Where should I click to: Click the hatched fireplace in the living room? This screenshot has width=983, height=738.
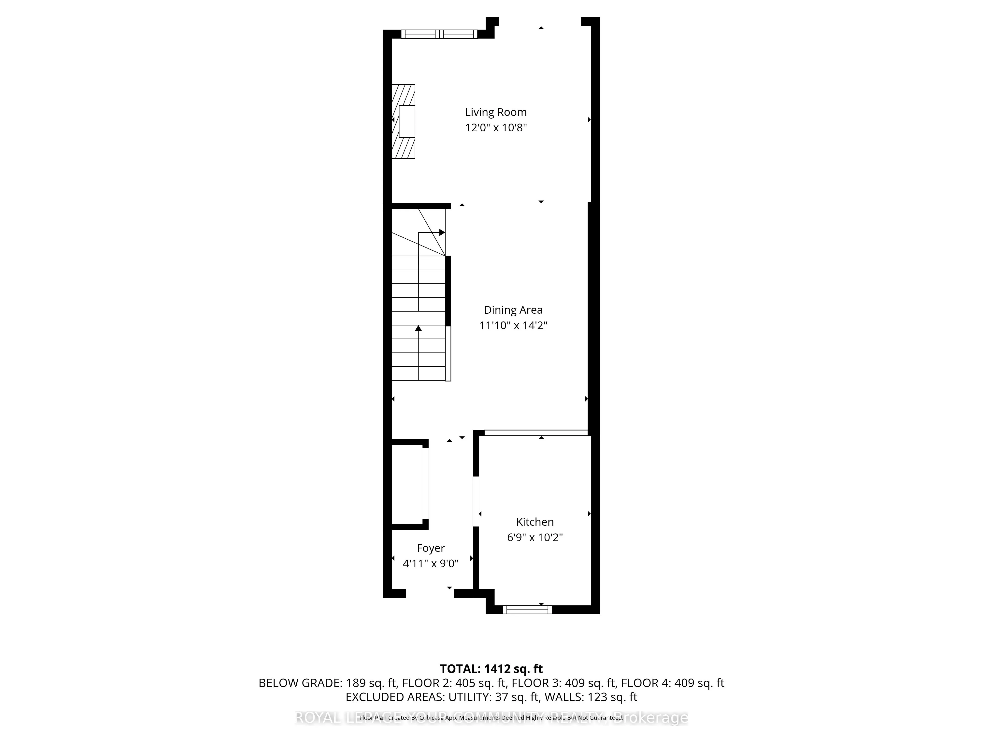coord(403,122)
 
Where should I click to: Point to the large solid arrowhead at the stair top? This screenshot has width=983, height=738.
coord(442,232)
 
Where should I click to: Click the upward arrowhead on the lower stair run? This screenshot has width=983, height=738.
coord(418,328)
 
